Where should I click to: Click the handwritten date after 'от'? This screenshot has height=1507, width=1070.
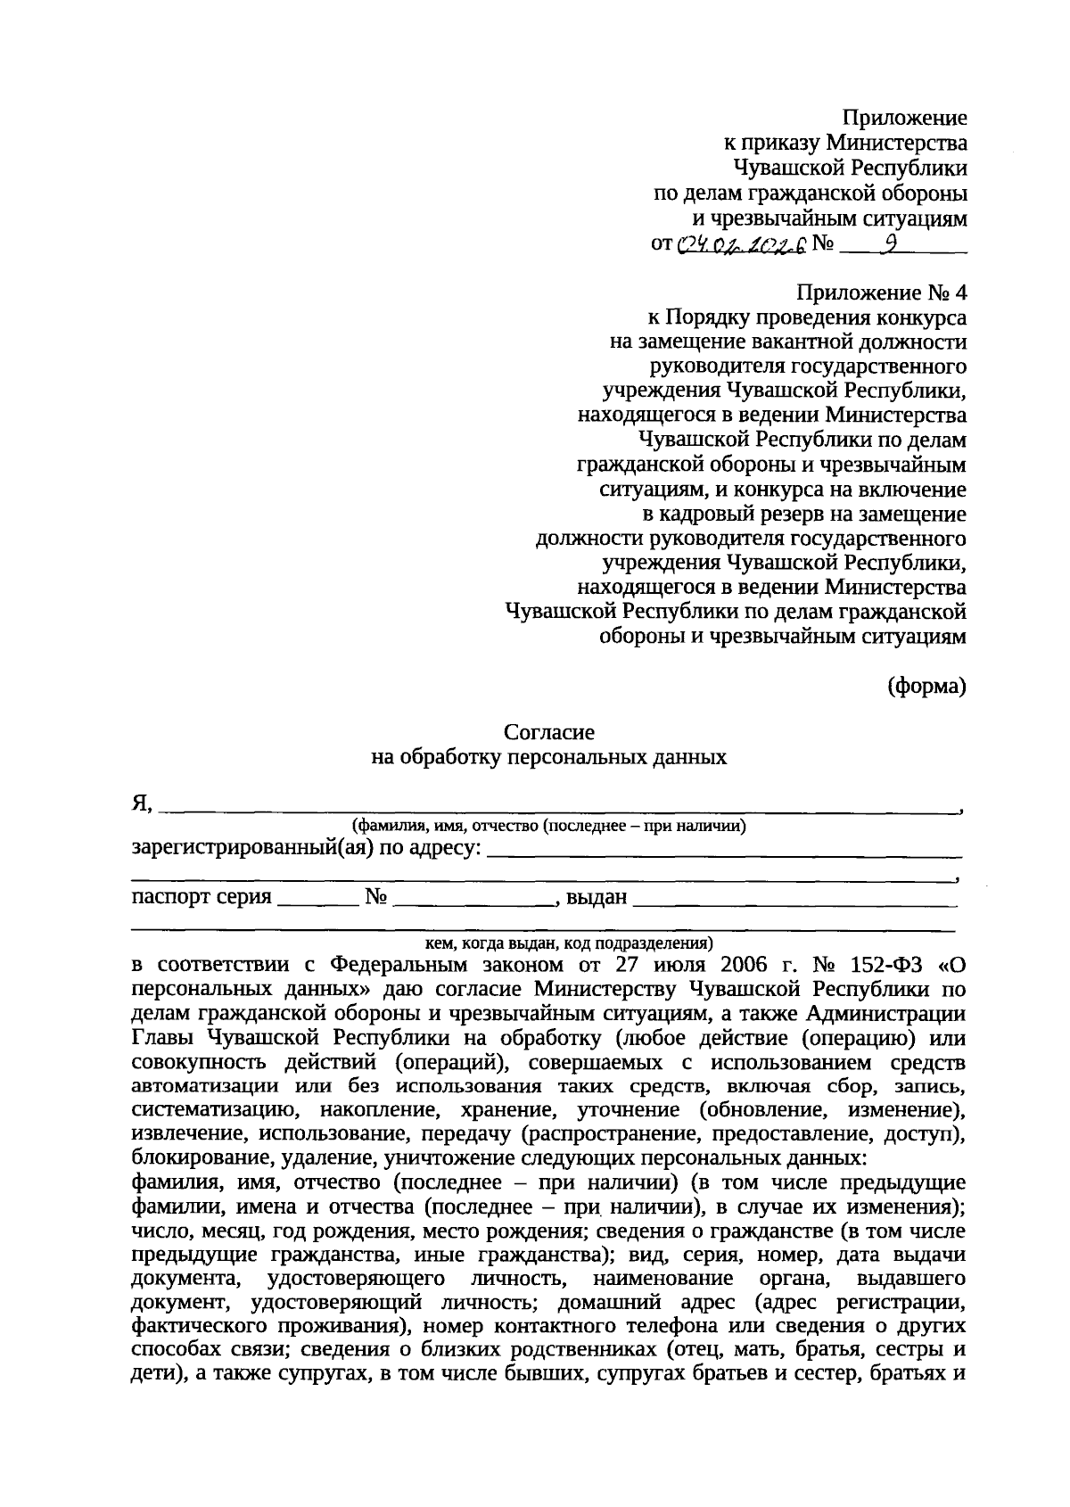742,244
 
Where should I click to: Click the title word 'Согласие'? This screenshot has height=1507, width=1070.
548,732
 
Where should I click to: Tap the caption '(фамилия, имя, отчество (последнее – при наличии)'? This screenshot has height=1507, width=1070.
548,825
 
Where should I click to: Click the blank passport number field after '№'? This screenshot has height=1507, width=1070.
473,898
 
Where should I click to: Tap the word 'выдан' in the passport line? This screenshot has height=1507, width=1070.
597,896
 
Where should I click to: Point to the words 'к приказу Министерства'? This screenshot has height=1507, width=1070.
844,143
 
